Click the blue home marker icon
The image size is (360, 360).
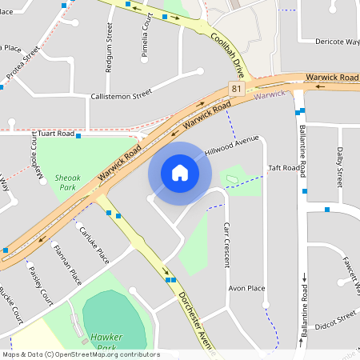(180, 172)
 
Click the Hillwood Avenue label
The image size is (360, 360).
(232, 146)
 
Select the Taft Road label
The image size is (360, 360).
(284, 168)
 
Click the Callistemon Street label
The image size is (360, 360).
(121, 94)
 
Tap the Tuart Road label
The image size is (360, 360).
(55, 134)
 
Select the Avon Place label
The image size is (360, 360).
(246, 287)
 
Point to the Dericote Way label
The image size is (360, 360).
(337, 41)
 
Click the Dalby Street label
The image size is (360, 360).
(339, 163)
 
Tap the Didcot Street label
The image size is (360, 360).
(335, 323)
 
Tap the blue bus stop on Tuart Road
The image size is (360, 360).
(78, 136)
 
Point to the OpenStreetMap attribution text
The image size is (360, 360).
(81, 354)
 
